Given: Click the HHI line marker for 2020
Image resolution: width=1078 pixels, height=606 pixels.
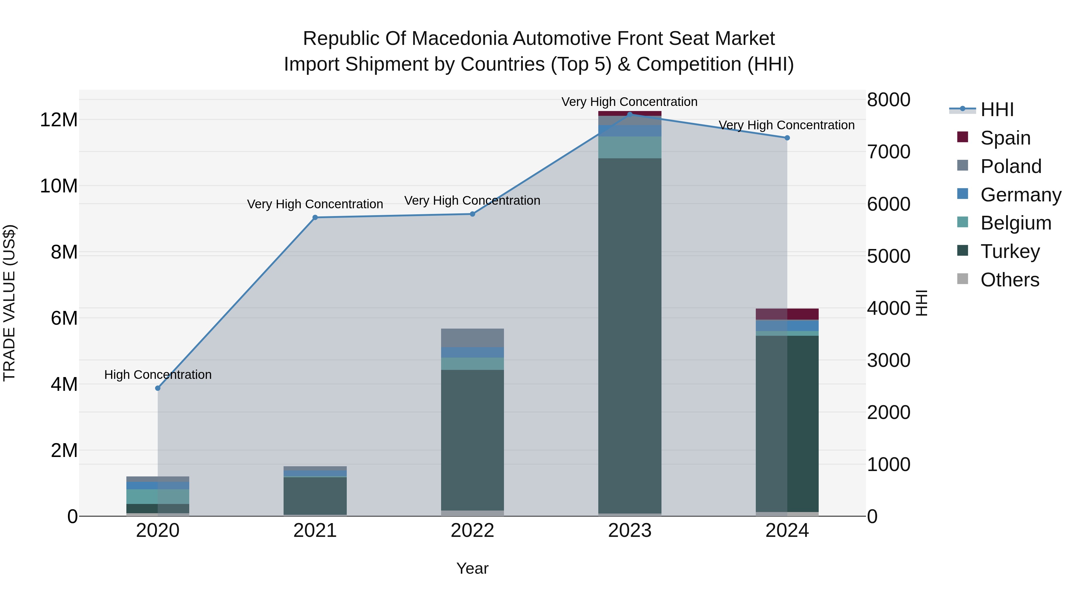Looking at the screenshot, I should point(158,388).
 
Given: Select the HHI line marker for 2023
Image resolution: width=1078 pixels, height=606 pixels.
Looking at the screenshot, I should point(629,114).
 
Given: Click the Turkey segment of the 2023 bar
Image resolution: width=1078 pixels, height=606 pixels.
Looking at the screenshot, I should point(629,335).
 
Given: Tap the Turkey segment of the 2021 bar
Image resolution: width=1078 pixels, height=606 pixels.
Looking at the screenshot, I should point(315,496).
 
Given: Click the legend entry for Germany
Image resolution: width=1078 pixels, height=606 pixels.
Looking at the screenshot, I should point(1020,195).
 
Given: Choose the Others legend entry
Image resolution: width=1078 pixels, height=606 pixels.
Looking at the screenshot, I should point(1009,280).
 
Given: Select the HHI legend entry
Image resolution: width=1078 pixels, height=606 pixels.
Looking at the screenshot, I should point(997,110).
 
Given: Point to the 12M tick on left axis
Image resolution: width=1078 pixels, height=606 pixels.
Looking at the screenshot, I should point(59,120).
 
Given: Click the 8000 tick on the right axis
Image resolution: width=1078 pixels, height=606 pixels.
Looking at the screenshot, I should point(888,100).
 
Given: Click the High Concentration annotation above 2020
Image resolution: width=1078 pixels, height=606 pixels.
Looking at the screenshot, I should point(158,374).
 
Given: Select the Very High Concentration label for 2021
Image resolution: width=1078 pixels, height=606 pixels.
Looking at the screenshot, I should point(315,204).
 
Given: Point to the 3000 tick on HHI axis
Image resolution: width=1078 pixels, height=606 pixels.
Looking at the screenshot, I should point(888,360).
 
